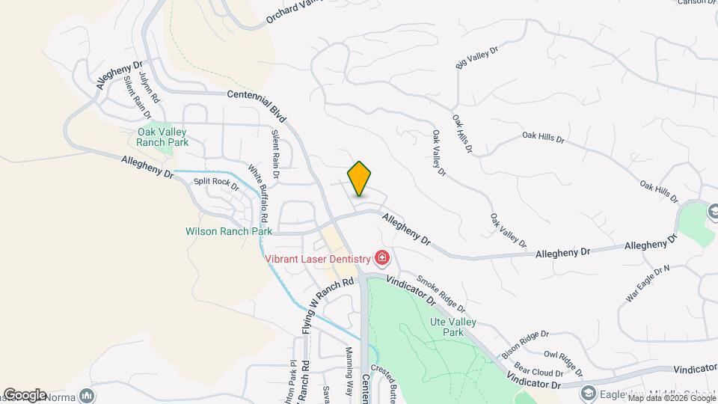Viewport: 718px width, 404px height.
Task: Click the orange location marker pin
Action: tap(360, 179)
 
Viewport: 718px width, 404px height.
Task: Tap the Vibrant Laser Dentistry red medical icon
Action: tap(382, 259)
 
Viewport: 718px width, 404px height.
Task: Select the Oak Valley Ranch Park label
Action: tap(162, 137)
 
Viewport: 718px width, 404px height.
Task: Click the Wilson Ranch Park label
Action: tap(229, 232)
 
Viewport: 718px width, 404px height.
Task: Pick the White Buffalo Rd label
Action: tap(258, 193)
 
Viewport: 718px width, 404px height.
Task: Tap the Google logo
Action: tap(24, 394)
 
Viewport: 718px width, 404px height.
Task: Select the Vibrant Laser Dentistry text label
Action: tap(318, 260)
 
